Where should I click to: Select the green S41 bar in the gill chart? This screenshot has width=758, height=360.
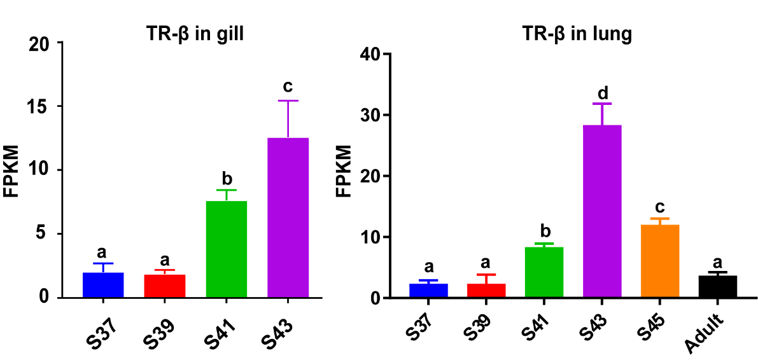[227, 249]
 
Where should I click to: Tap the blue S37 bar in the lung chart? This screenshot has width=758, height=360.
[428, 291]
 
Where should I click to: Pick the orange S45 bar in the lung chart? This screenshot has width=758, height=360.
[660, 261]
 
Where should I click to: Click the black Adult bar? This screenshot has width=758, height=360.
[718, 287]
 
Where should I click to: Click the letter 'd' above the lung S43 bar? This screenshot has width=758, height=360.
[602, 93]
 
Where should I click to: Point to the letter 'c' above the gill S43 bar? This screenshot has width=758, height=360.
[288, 86]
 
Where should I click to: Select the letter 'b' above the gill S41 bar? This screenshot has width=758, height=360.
[227, 176]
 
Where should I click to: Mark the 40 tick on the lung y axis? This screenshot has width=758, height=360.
[370, 54]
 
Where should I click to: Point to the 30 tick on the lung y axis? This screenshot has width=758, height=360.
[370, 115]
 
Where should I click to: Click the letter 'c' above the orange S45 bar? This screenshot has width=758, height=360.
[661, 207]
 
